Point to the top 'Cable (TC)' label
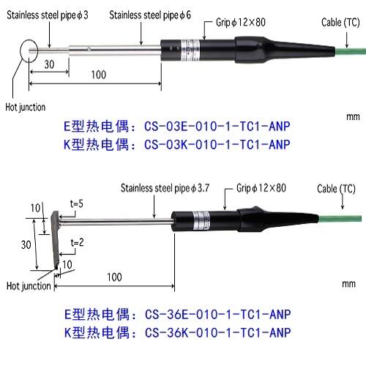click(340, 23)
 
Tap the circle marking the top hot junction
click(29, 52)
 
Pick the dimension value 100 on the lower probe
click(114, 277)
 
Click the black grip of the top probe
click(220, 52)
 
